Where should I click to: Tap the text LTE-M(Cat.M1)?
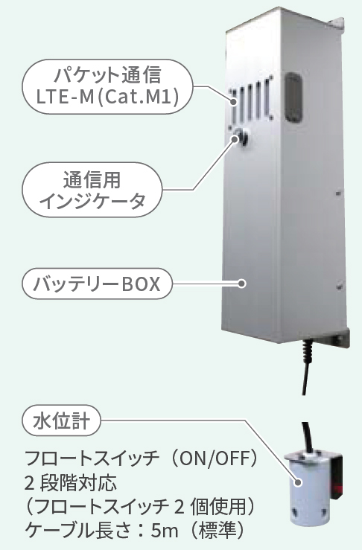108,97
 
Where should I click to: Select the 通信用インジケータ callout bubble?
92,190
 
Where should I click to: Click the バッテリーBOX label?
97,284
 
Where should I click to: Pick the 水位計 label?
61,421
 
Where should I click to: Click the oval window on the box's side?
293,97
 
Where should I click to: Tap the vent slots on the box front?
251,100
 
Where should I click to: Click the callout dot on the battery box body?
241,284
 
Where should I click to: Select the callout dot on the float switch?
298,482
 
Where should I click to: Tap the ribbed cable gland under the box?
308,349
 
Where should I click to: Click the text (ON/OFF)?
214,458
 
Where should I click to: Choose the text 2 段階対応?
71,483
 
